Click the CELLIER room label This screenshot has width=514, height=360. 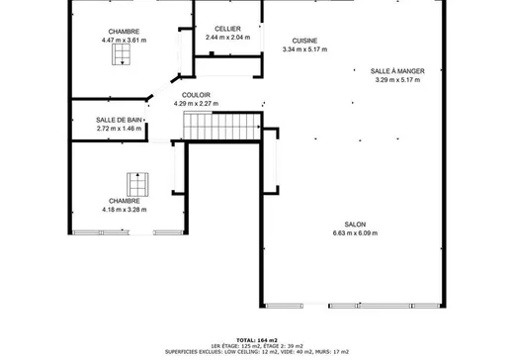point(227,29)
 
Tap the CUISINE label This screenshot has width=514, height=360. point(304,41)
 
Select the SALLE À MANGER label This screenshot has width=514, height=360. point(397,71)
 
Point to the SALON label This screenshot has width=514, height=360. point(355,225)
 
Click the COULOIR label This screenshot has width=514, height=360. point(196,95)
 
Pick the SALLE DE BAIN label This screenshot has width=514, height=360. point(119,120)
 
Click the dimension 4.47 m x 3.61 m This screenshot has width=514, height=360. point(124,41)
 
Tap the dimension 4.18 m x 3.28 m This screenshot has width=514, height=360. point(125,210)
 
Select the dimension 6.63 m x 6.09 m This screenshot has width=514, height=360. point(355,233)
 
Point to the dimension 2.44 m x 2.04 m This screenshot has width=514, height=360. point(227,38)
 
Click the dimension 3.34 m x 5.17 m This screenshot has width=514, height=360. point(304,49)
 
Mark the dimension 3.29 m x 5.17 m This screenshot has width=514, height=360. point(397,80)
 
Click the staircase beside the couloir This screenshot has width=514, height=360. point(222,126)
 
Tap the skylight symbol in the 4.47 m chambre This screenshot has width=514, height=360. point(121,54)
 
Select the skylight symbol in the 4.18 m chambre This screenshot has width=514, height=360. point(137,185)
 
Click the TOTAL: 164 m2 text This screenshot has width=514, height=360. point(257,340)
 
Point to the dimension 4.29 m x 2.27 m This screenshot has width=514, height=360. point(196,104)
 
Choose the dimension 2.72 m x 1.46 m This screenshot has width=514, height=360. point(119,129)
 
